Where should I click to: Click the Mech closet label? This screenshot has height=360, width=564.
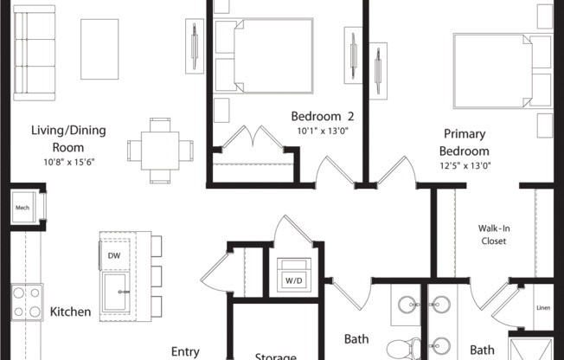(x=22, y=208)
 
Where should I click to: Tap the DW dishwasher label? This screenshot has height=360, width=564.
(x=114, y=255)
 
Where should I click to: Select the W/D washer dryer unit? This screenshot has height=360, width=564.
(x=294, y=274)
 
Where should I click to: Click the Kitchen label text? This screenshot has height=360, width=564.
(x=70, y=312)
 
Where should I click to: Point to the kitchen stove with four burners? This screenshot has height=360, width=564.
(x=27, y=302)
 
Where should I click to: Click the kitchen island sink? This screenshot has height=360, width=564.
(x=116, y=292)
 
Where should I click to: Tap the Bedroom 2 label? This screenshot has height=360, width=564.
(x=323, y=116)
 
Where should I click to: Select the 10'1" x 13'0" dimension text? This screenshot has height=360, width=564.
(x=323, y=131)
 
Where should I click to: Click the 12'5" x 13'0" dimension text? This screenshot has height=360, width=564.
(x=465, y=166)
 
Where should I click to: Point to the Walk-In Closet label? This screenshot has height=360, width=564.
(x=494, y=235)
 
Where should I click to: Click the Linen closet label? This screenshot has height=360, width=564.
(x=543, y=308)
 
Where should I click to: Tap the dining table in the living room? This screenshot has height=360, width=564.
(x=160, y=151)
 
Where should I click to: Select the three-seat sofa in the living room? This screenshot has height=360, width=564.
(x=35, y=53)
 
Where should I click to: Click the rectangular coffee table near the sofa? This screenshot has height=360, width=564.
(x=99, y=49)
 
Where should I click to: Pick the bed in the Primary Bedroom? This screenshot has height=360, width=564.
(x=503, y=71)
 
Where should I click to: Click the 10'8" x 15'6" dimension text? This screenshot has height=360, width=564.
(x=69, y=163)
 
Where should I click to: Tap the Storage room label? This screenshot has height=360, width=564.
(x=276, y=357)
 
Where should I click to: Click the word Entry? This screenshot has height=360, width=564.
(x=185, y=351)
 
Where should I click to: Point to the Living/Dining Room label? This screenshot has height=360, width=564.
(x=68, y=138)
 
